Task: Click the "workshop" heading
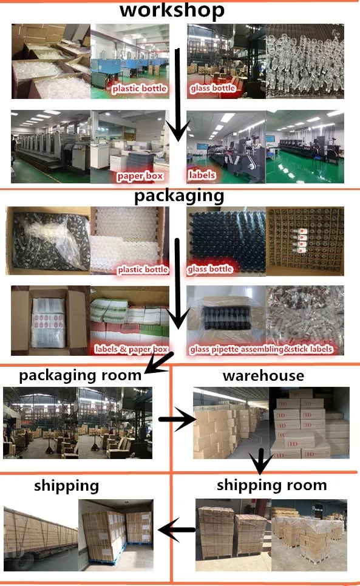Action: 172,10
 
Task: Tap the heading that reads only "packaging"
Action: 179,196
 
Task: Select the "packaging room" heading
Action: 80,376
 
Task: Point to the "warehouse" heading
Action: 263,376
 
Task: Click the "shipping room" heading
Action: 272,485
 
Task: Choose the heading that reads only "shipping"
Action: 66,486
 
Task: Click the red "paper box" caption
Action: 140,175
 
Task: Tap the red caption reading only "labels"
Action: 202,174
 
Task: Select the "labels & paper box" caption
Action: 132,349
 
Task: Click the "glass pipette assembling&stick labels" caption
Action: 261,349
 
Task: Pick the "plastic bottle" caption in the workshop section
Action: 139,88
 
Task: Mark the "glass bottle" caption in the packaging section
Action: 210,269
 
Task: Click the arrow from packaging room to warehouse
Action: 177,420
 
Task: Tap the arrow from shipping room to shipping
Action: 176,530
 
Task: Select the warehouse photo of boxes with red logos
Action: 309,423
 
